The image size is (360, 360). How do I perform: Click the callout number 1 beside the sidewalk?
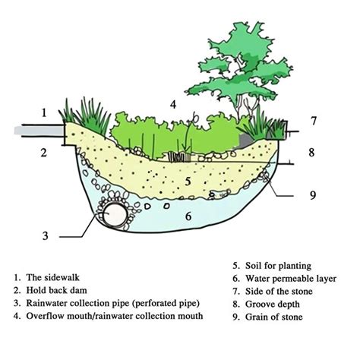pyautogui.click(x=44, y=113)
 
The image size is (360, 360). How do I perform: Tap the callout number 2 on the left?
pyautogui.click(x=44, y=153)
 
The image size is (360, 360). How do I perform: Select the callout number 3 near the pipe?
pyautogui.click(x=45, y=236)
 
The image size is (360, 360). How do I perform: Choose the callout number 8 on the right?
pyautogui.click(x=312, y=152)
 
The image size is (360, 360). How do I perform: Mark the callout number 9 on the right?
pyautogui.click(x=312, y=195)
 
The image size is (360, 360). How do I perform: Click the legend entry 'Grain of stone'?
pyautogui.click(x=274, y=317)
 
